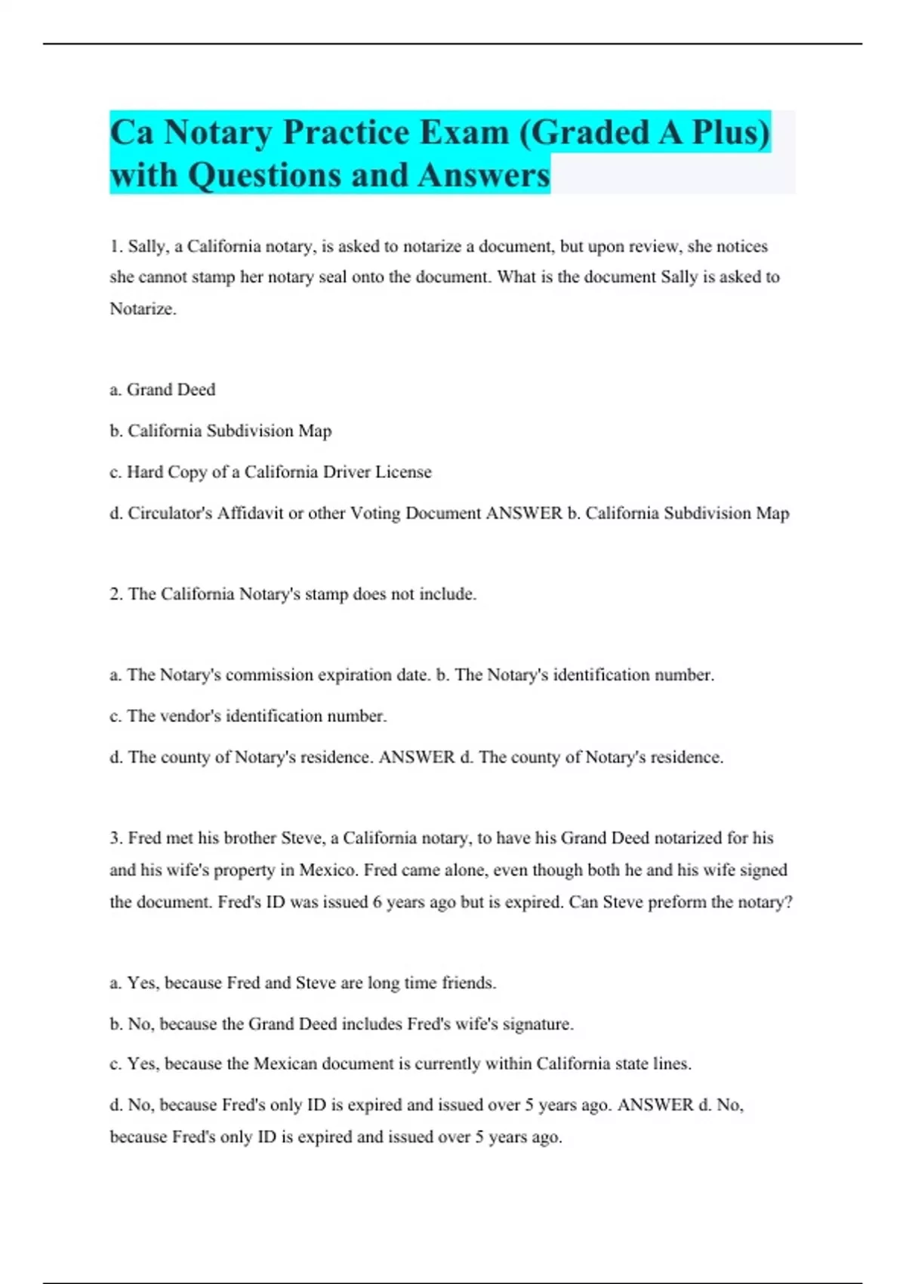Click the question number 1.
tap(116, 246)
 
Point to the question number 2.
tap(116, 594)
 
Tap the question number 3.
tap(116, 838)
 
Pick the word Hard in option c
tap(144, 472)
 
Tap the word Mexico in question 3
tap(328, 870)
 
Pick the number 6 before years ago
tap(377, 902)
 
